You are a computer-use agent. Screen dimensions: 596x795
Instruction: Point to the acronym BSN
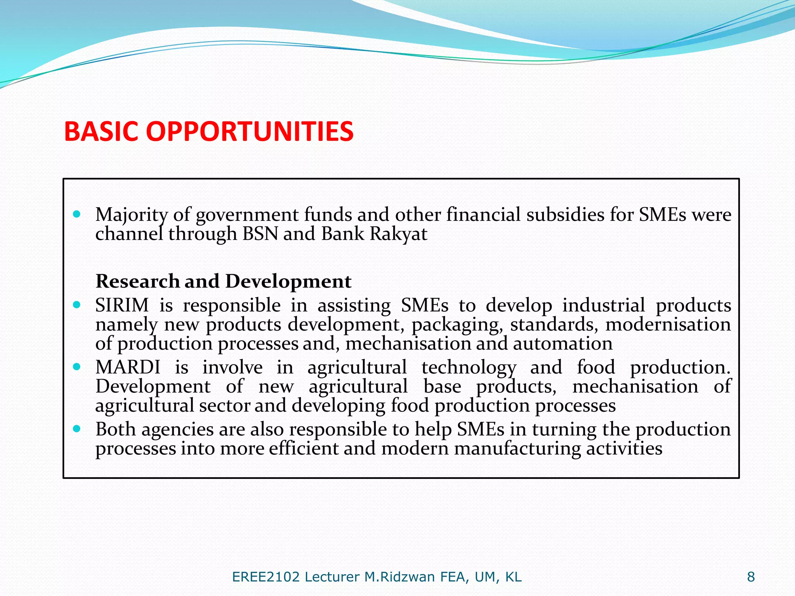point(260,234)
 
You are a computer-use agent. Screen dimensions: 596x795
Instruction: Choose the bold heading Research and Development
point(223,281)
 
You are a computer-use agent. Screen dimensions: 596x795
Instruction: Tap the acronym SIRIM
point(122,305)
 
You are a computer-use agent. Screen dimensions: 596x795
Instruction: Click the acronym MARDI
point(128,367)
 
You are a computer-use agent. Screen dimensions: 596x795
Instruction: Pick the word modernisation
point(668,324)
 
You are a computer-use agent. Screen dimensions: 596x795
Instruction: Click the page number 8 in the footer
point(751,577)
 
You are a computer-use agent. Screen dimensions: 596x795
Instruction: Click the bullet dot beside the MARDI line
point(76,367)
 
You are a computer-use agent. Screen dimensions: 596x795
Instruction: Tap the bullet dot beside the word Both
point(76,429)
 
